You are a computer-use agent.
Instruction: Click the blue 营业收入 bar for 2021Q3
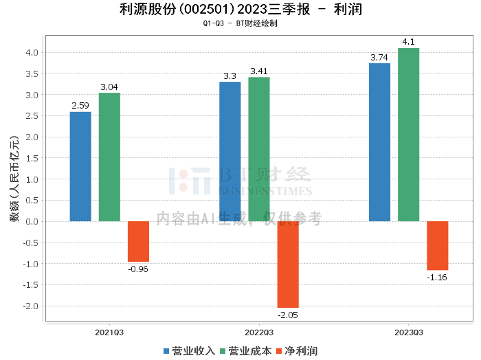point(80,166)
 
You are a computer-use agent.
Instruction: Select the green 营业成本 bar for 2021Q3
point(109,157)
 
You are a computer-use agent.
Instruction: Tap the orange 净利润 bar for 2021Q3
point(138,241)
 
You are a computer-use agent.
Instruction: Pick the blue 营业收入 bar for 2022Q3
point(230,151)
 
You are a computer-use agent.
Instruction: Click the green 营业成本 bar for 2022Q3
point(259,149)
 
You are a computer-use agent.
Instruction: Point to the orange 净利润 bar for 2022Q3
point(288,264)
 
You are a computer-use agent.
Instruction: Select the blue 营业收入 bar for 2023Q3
point(379,142)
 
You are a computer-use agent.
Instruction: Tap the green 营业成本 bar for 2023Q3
point(408,135)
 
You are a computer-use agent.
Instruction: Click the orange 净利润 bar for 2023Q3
point(437,245)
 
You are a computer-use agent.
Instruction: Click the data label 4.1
point(408,42)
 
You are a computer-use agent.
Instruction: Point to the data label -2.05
point(288,314)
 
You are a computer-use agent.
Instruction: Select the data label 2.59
point(80,106)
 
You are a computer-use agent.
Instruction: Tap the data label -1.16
point(437,277)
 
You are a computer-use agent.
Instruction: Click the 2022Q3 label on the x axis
point(258,332)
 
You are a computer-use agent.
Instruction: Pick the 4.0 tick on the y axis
point(32,52)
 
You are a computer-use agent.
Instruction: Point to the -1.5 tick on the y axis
point(31,284)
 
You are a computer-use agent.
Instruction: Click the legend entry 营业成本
point(245,350)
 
